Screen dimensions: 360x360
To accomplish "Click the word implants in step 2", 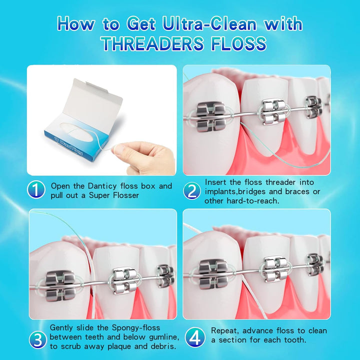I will pos(221,191).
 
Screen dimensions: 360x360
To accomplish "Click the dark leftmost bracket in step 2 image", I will pos(210,116).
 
